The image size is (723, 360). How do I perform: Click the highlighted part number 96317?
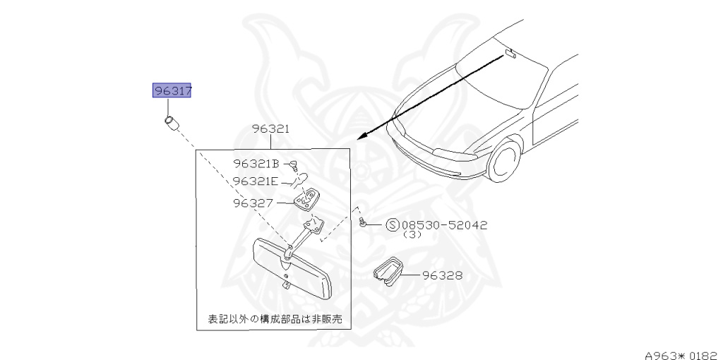click(173, 91)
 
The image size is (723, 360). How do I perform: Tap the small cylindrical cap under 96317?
click(172, 123)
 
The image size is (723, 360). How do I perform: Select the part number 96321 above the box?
click(271, 129)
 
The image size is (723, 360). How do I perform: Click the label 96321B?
click(256, 164)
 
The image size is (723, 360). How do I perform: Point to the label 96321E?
click(256, 181)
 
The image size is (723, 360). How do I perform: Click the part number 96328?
click(443, 275)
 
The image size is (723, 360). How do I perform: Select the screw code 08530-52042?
click(444, 225)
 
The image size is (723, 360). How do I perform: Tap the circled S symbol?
click(393, 225)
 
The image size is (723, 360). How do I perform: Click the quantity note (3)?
click(412, 235)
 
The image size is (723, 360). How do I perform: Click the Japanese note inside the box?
click(274, 319)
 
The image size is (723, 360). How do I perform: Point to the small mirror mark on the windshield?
click(510, 54)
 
